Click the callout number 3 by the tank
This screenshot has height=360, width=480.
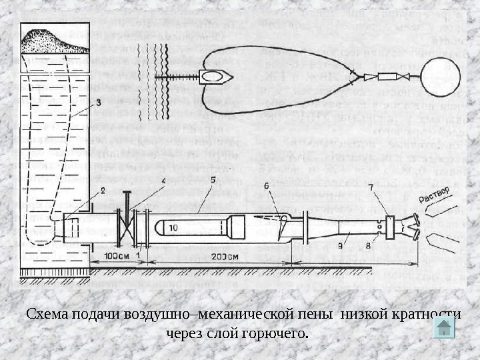(98, 102)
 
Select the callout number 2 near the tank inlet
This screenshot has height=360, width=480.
(103, 191)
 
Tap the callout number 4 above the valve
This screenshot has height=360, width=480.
(164, 181)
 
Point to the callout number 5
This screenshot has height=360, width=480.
(212, 180)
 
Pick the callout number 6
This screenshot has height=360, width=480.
(267, 187)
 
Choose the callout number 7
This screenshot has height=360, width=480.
(371, 189)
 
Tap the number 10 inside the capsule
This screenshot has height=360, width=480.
(173, 228)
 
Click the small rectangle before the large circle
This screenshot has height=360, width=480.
(388, 77)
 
